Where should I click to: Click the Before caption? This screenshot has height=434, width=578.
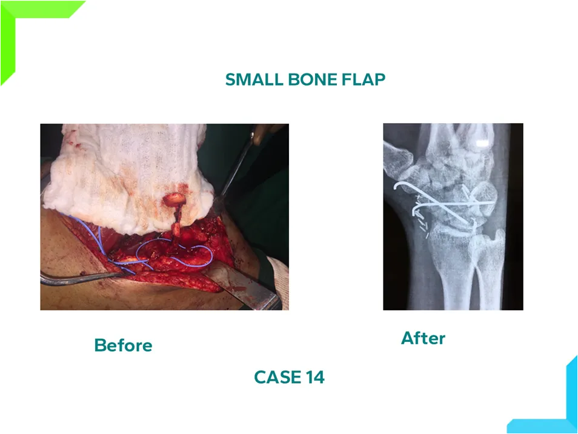click(x=123, y=346)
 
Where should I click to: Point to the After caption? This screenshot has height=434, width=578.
click(x=423, y=338)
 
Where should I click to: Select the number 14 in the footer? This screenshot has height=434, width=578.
click(x=315, y=377)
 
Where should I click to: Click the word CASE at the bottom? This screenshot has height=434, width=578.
click(x=277, y=377)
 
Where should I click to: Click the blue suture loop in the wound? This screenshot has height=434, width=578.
click(x=173, y=255)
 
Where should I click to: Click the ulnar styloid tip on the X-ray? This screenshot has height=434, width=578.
click(x=500, y=233)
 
